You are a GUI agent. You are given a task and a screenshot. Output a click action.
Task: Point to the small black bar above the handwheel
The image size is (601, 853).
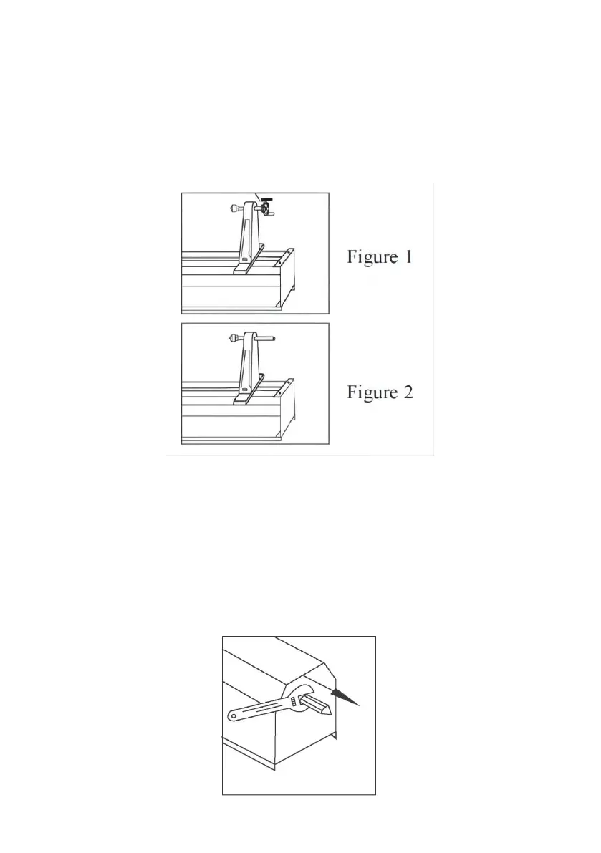[267, 197]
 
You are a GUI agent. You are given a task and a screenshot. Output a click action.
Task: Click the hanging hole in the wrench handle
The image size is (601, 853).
[234, 714]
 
